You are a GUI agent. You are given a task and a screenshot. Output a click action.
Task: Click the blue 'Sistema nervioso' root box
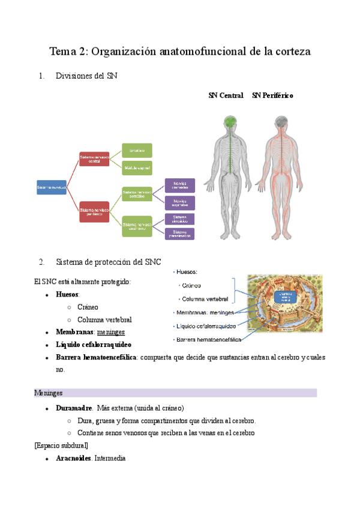tap(51, 188)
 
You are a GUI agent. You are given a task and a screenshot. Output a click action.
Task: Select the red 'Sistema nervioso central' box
tap(94, 159)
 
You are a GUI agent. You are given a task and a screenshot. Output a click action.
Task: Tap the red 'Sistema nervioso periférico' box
tap(94, 212)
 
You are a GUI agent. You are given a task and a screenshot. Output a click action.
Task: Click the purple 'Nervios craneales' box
tap(179, 185)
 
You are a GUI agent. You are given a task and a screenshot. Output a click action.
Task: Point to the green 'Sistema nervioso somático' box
tap(137, 193)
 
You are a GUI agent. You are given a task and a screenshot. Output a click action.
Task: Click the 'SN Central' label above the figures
tap(226, 95)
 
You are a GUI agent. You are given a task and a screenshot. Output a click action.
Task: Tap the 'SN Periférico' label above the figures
tap(272, 95)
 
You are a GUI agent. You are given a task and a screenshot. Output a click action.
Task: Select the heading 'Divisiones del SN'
tap(86, 76)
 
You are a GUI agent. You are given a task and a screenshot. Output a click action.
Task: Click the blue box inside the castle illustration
tap(285, 296)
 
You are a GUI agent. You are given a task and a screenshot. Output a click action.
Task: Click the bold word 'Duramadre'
tap(74, 408)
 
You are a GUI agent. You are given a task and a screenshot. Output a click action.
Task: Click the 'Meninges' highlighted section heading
tap(49, 393)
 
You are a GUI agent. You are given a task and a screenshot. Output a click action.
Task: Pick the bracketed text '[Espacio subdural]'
tap(61, 445)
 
